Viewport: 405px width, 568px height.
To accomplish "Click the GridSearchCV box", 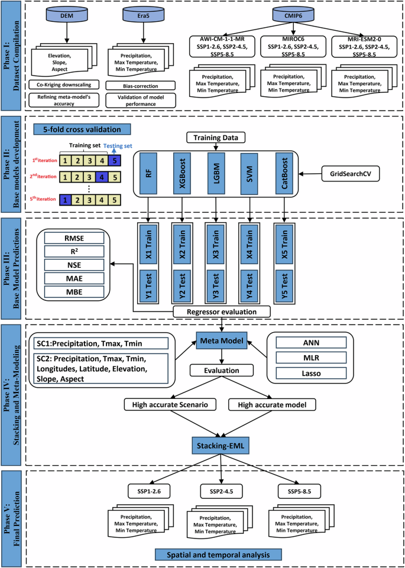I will coord(350,175).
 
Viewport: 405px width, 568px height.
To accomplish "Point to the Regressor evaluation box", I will coord(222,310).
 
